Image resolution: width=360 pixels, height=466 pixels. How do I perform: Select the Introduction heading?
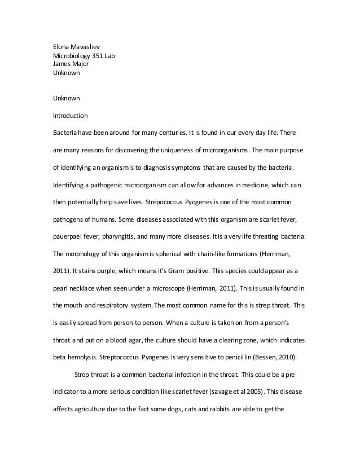70,116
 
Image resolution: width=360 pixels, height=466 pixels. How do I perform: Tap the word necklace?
86,288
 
